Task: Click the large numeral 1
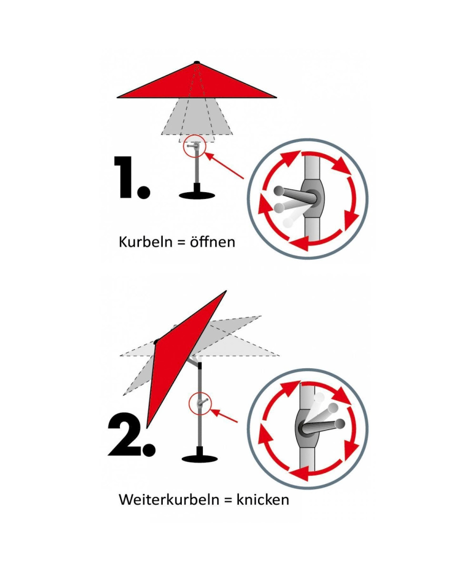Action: [124, 177]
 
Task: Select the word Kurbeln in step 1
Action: [145, 242]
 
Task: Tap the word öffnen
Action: [212, 242]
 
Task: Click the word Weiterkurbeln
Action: [169, 500]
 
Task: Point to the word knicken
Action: [263, 500]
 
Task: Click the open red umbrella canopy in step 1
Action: [197, 82]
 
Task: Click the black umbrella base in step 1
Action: [197, 193]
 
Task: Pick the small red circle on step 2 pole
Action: [200, 404]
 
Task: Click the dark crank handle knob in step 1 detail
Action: [279, 191]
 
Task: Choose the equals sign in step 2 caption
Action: [228, 500]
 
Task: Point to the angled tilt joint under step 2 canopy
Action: [195, 362]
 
